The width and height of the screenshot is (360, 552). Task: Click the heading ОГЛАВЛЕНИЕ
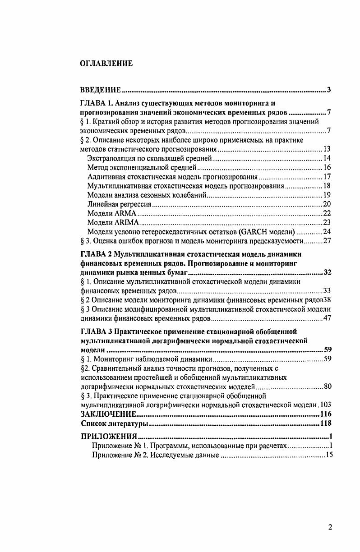coord(106,64)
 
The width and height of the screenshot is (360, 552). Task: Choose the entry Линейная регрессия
coord(119,204)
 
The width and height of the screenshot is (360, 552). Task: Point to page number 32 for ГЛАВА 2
coord(328,273)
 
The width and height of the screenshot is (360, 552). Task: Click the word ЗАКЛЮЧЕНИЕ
coord(108,414)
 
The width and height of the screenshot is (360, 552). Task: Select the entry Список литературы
coord(114,423)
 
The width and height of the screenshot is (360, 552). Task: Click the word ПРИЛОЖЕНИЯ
coord(108,437)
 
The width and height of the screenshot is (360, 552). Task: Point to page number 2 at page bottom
coord(330,528)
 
